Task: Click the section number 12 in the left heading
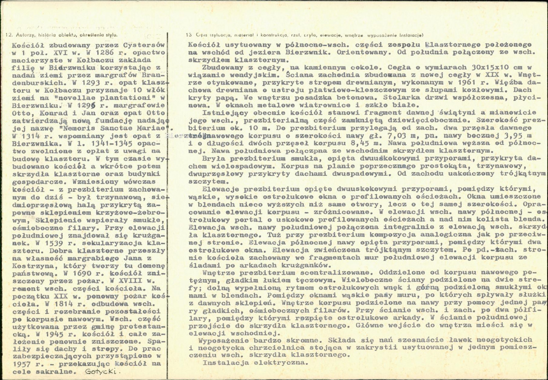pyautogui.click(x=8, y=35)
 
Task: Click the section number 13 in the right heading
pyautogui.click(x=189, y=35)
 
